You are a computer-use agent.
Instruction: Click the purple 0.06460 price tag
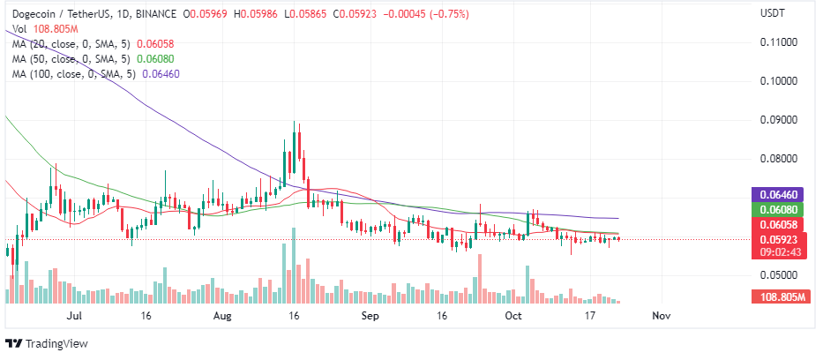point(780,194)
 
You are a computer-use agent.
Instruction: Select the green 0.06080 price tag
point(780,210)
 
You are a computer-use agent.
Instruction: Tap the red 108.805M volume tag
point(780,298)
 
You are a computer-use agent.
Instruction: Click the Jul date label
point(75,314)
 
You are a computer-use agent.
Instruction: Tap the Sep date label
point(370,314)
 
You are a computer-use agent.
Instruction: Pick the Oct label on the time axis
point(513,314)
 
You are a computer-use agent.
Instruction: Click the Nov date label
point(661,314)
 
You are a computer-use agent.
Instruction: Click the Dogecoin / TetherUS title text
point(64,14)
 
